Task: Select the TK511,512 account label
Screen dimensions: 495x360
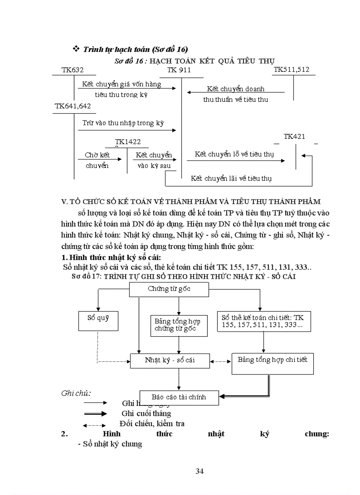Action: (x=292, y=70)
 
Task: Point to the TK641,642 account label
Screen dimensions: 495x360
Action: (x=73, y=106)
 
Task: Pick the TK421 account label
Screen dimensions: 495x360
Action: (x=294, y=137)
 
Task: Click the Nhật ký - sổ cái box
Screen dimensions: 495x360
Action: (x=170, y=360)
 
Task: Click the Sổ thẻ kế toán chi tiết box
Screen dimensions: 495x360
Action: (x=263, y=321)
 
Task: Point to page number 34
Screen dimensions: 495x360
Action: (x=199, y=471)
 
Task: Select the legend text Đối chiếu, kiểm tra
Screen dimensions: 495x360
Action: (x=152, y=424)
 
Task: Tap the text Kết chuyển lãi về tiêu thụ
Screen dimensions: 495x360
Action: (x=231, y=179)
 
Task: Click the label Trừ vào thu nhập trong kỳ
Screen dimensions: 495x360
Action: (x=123, y=123)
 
